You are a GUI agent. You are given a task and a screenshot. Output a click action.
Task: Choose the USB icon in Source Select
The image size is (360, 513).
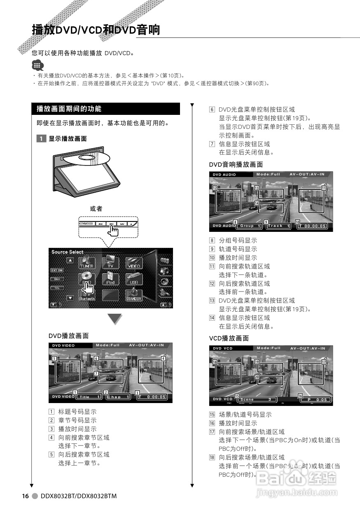click(x=134, y=278)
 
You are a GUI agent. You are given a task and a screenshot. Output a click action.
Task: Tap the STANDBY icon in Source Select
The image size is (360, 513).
click(x=134, y=295)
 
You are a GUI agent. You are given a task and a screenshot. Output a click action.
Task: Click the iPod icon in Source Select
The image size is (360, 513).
click(x=110, y=278)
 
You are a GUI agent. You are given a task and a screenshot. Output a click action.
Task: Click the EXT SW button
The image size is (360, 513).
click(x=57, y=270)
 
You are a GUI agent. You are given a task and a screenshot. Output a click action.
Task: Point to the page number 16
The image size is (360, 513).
click(x=26, y=496)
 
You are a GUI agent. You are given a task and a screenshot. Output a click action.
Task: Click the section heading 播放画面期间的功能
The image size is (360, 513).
click(x=69, y=109)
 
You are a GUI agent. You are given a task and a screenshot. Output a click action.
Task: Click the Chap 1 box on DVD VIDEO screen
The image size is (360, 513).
click(x=118, y=397)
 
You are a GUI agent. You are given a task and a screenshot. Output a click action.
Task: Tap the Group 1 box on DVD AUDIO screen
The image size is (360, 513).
click(x=250, y=226)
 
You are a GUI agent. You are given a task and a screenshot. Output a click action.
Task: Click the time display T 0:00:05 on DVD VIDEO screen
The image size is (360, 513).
click(x=152, y=397)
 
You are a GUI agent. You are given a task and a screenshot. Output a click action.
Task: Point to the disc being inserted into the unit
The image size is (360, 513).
click(x=91, y=159)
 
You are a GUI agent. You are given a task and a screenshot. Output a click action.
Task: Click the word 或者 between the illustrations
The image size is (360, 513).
click(x=96, y=209)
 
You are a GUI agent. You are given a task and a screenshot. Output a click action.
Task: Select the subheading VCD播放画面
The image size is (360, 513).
click(x=229, y=338)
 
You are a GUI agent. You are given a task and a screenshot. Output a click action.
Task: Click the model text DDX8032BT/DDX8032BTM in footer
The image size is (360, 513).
click(x=79, y=496)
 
